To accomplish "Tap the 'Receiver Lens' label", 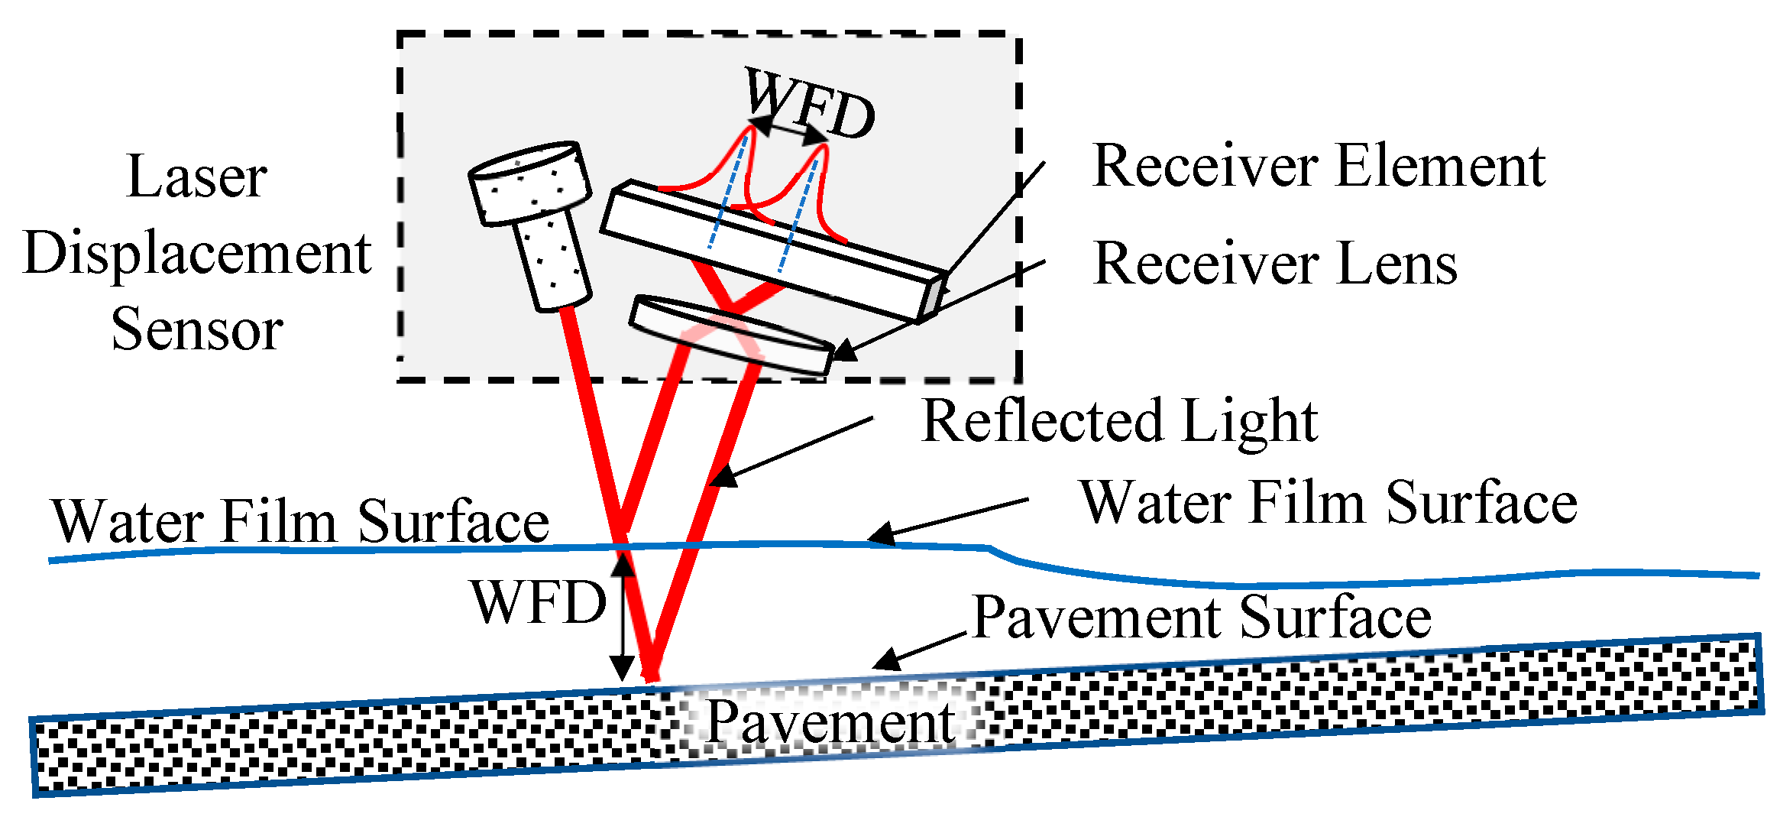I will click(x=1275, y=263).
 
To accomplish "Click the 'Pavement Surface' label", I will click(x=1202, y=617).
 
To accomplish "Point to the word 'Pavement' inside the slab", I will click(x=830, y=721).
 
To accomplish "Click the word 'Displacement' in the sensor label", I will click(x=197, y=253).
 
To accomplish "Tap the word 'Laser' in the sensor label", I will click(x=196, y=177).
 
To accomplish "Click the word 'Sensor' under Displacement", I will click(x=197, y=329).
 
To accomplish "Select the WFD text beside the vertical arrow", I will click(x=539, y=602).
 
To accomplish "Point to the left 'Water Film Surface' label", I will click(x=300, y=521).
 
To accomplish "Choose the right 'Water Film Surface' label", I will click(x=1328, y=503).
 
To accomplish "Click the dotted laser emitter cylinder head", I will click(x=530, y=182).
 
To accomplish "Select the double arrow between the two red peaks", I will click(x=788, y=131).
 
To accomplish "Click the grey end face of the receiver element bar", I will click(x=934, y=297).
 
